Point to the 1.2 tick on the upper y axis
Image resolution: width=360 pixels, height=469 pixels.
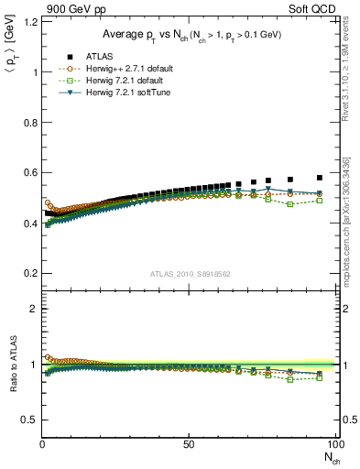tap(30, 22)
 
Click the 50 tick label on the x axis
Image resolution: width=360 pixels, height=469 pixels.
tap(188, 444)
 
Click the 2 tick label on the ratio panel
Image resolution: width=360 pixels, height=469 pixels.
tap(33, 309)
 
